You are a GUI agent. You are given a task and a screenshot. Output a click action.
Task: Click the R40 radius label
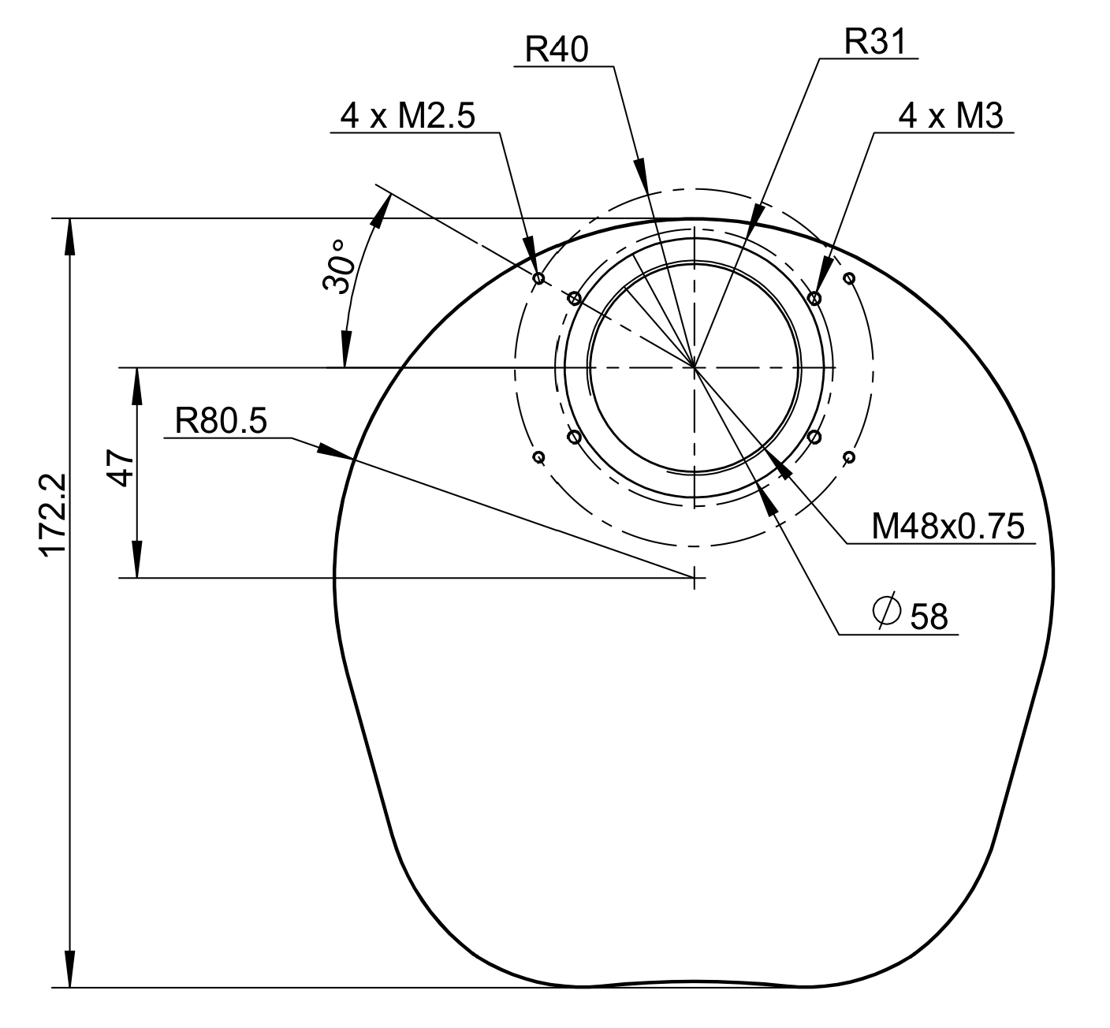point(557,50)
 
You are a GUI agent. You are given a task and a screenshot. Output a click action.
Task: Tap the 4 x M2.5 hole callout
point(408,117)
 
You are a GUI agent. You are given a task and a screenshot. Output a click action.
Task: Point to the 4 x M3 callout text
point(951,117)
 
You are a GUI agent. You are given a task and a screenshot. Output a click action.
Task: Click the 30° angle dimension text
point(339,266)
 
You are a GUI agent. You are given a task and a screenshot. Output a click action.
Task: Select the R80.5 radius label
point(221,421)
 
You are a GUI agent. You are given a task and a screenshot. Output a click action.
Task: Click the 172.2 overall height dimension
point(53,515)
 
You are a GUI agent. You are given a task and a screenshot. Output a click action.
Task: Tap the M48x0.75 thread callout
point(948,526)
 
